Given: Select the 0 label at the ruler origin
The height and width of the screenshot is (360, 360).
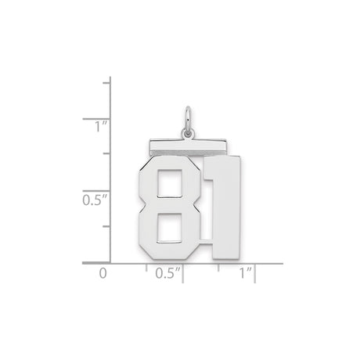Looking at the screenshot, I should tap(102, 275).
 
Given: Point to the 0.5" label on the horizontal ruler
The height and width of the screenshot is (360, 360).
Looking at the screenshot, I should tap(167, 275).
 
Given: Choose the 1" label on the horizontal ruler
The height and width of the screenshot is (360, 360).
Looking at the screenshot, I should tap(245, 275).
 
